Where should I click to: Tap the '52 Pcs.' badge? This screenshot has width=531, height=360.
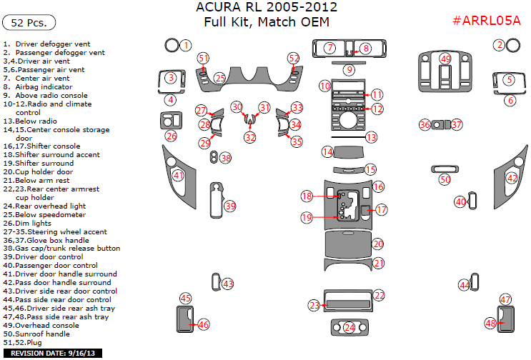[x=29, y=23]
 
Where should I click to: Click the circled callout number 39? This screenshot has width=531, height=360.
[x=230, y=206]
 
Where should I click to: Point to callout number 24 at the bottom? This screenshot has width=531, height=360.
[x=349, y=327]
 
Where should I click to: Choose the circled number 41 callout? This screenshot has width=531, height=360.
[x=179, y=175]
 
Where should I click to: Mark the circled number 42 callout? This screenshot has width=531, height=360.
[x=512, y=178]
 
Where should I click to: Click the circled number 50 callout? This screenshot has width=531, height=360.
[x=445, y=180]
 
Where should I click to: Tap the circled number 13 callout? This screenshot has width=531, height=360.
[x=371, y=136]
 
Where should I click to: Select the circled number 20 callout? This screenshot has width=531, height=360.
[x=378, y=244]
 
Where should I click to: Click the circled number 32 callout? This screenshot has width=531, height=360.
[x=250, y=137]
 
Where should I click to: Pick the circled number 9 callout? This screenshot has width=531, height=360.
[x=349, y=70]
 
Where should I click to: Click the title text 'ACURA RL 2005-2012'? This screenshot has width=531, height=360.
[x=267, y=8]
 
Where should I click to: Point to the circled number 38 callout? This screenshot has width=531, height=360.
[x=226, y=157]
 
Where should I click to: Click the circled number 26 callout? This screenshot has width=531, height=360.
[x=171, y=136]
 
